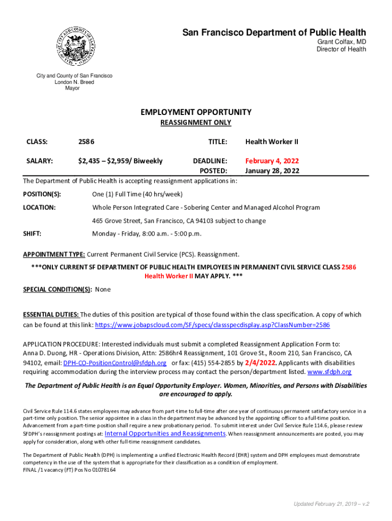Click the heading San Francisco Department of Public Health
coord(274,33)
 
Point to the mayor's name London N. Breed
coord(74,82)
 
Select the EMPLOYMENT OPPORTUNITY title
coord(196,112)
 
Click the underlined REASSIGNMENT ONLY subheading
coord(196,123)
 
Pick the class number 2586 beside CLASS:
coord(86,141)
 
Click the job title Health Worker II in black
coord(272,141)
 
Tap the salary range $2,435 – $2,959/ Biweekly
coord(120,161)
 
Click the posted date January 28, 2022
coord(272,171)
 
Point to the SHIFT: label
coord(33,234)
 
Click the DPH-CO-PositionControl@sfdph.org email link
coord(115,363)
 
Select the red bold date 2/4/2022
coord(261,363)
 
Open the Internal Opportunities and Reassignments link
coord(165,433)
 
